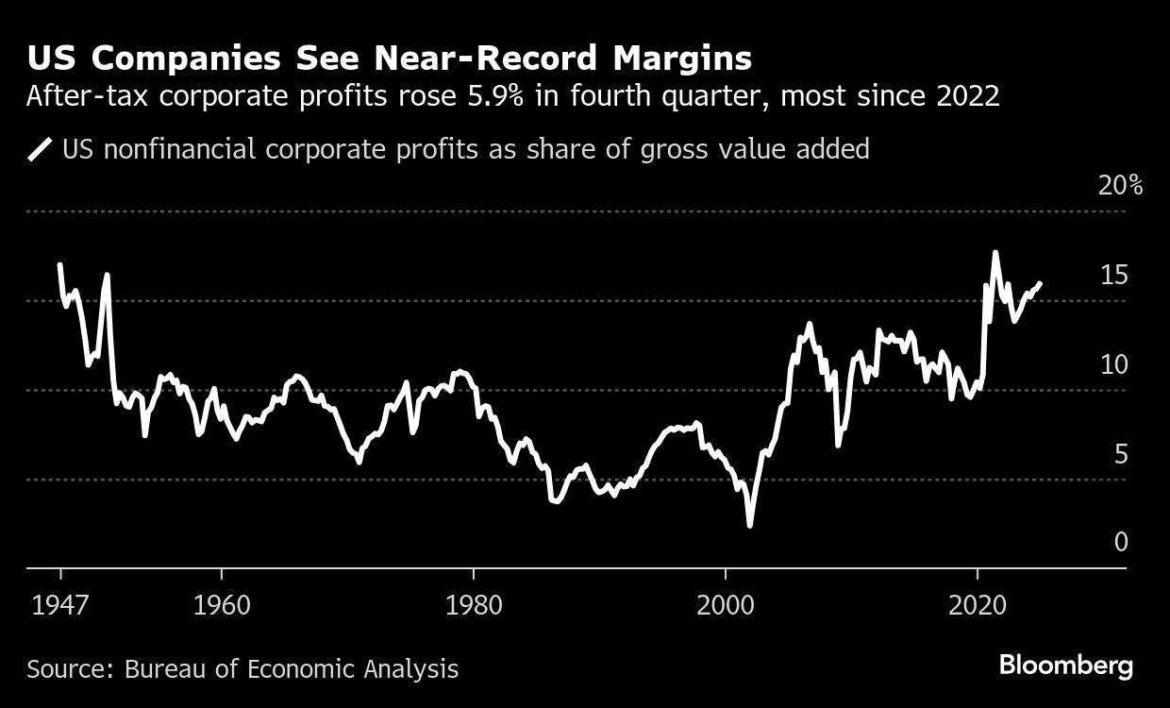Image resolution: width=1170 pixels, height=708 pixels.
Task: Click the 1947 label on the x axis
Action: (x=60, y=603)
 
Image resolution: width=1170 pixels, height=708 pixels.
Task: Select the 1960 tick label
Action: (x=220, y=603)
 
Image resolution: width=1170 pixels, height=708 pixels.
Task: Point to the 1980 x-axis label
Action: (x=473, y=603)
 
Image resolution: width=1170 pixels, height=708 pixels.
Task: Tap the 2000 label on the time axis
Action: (x=726, y=603)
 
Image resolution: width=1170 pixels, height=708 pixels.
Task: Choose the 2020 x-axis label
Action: (x=978, y=603)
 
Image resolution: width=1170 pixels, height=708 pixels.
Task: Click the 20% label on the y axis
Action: (x=1120, y=185)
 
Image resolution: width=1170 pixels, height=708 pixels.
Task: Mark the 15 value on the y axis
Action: (x=1114, y=275)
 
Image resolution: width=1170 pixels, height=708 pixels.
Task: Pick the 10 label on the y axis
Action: (x=1114, y=364)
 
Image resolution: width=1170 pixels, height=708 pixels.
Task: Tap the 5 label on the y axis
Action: (x=1121, y=454)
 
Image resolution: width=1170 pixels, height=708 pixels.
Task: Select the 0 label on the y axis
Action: (x=1121, y=542)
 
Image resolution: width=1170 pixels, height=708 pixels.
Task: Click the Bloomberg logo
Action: (x=1066, y=666)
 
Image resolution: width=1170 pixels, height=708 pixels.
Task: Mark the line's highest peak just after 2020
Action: (x=995, y=253)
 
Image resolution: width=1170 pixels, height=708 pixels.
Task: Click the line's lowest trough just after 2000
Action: (x=750, y=525)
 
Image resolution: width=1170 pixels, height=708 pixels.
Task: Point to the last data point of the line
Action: (x=1040, y=283)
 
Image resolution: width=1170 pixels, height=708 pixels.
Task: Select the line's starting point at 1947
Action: (x=60, y=265)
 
